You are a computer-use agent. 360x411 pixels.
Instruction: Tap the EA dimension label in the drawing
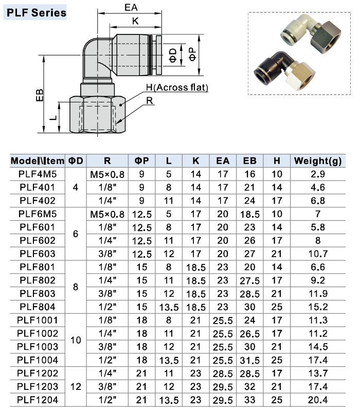(131, 7)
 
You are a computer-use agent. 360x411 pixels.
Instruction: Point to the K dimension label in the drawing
(135, 21)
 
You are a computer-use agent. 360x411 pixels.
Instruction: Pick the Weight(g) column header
(317, 160)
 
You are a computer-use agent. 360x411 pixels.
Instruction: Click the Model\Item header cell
(38, 160)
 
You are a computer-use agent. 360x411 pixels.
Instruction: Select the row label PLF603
(38, 253)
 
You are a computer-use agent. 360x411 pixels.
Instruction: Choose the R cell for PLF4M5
(107, 174)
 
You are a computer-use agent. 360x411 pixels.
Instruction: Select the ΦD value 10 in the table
(76, 340)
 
